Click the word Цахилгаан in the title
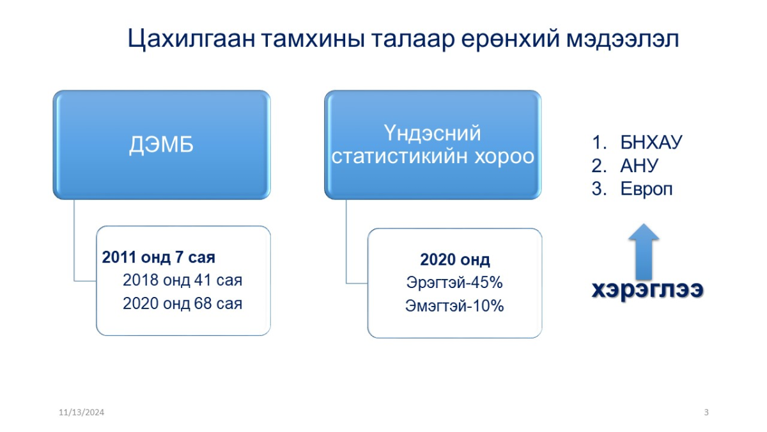(191, 39)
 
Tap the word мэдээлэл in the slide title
(622, 39)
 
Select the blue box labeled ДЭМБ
(162, 145)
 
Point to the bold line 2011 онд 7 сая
(159, 257)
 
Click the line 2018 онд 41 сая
(183, 280)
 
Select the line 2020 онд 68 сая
(183, 303)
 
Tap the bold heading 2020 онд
(454, 260)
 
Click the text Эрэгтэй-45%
(454, 283)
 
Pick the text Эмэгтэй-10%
(454, 306)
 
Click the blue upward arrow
(644, 252)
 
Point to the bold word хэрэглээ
(647, 290)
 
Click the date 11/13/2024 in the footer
(82, 412)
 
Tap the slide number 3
(706, 412)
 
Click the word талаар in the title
(414, 39)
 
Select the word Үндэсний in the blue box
(432, 133)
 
